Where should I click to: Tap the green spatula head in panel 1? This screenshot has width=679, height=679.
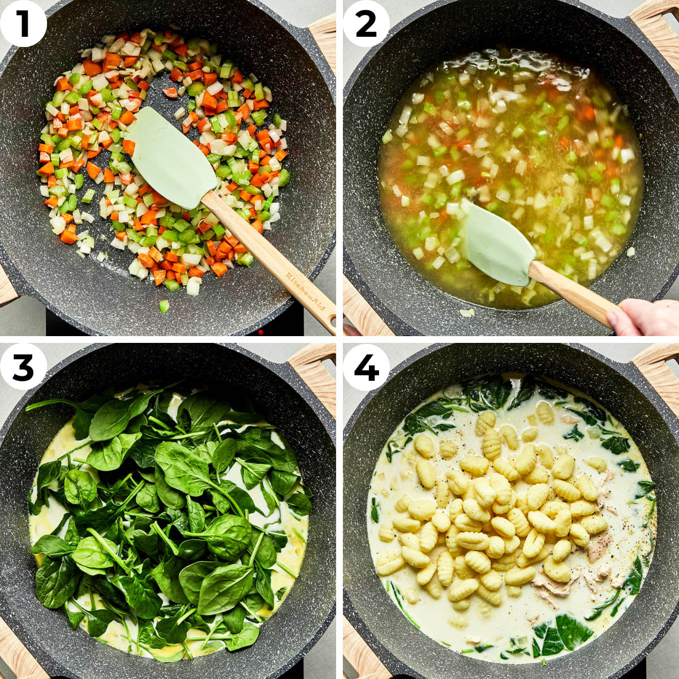tap(170, 158)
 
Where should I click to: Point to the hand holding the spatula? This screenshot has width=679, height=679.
tap(645, 317)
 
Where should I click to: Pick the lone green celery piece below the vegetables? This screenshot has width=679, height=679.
tap(164, 306)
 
